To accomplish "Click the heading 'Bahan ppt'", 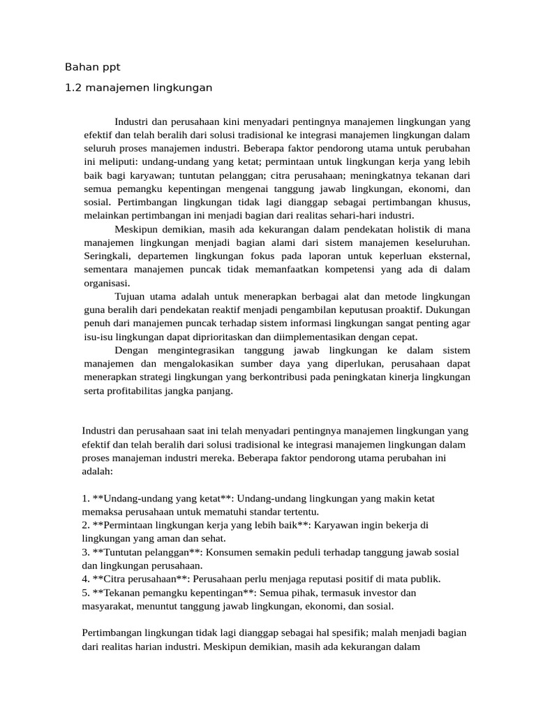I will [x=92, y=68].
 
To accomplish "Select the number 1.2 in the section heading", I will [x=73, y=88].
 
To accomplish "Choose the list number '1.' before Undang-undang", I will [x=86, y=499].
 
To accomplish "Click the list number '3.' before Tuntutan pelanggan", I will [x=86, y=552].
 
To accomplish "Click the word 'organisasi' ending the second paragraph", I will [x=105, y=283].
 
